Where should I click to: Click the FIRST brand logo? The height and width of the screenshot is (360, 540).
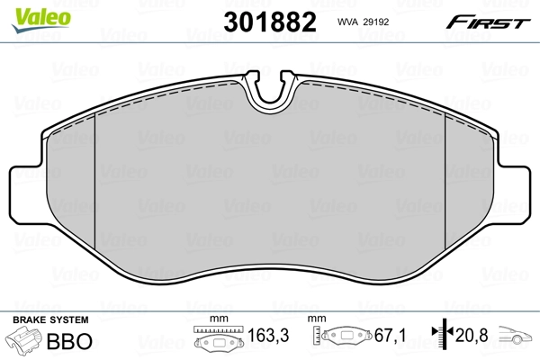pyautogui.click(x=494, y=22)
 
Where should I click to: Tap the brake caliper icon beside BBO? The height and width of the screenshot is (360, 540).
pyautogui.click(x=25, y=342)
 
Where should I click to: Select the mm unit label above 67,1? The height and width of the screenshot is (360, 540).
pyautogui.click(x=317, y=320)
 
